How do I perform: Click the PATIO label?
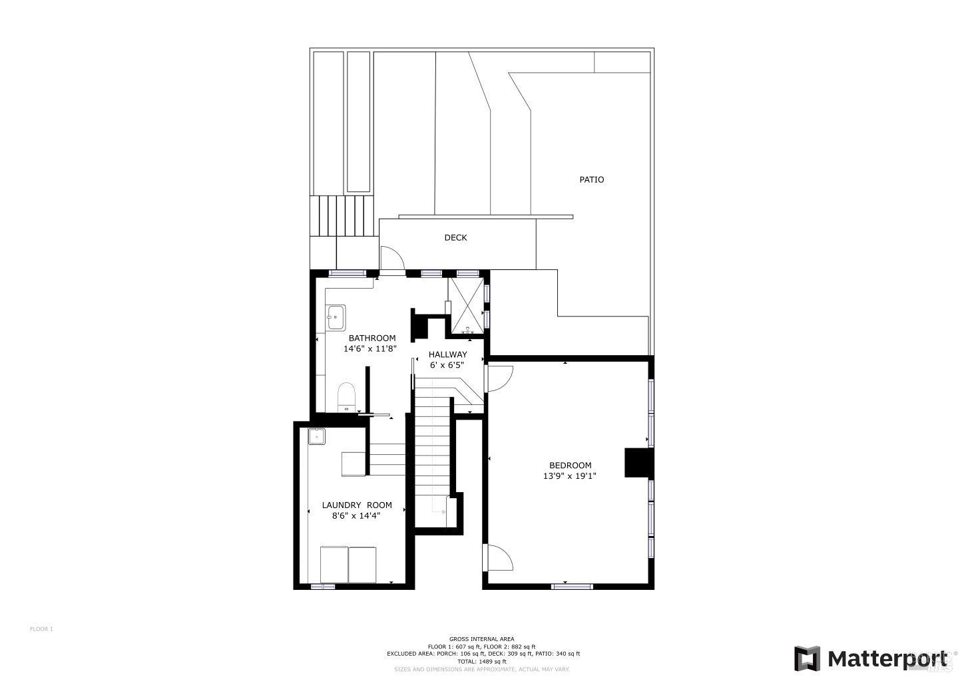coord(591,180)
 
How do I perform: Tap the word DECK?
coord(455,237)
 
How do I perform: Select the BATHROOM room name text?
coord(372,338)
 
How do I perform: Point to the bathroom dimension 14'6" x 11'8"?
coord(370,348)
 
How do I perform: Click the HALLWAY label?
coord(447,354)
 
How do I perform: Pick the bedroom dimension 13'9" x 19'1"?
coord(570,476)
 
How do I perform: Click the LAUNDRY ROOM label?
coord(357,505)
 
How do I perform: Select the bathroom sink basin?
coord(336,317)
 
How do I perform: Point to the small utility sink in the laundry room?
coord(316,437)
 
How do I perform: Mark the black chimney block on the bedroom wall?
coord(636,462)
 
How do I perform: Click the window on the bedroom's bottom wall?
coord(572,586)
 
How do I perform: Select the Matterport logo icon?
coord(807,658)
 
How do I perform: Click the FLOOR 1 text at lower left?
coord(41,628)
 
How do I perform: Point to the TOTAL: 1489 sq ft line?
coord(481,662)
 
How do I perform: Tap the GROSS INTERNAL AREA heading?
coord(481,639)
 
